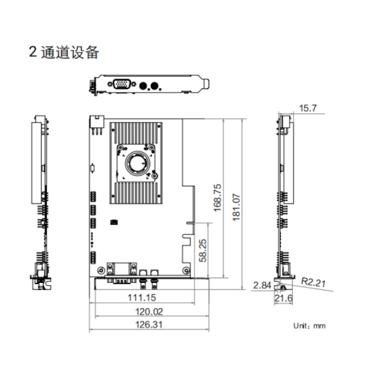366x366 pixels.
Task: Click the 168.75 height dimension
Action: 217,198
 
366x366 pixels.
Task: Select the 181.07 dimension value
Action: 236,207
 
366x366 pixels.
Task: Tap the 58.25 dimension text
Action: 203,250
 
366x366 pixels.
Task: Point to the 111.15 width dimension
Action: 142,298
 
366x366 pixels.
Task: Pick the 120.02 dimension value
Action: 149,312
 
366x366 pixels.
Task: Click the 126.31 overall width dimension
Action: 149,325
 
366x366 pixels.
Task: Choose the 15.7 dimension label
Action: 308,108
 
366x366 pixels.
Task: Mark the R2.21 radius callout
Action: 313,282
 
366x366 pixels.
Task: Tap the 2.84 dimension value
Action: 262,285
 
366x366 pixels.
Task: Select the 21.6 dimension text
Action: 284,298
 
